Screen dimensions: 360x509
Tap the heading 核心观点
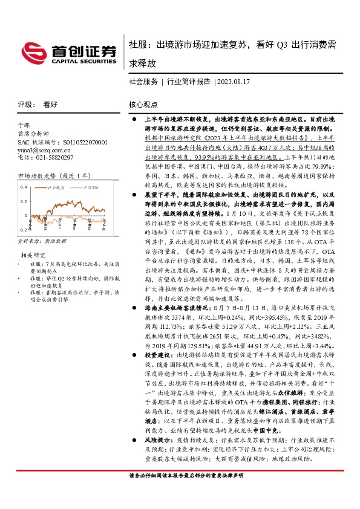[143, 105]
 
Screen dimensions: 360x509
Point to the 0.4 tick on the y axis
[23, 187]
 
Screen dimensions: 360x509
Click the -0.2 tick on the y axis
[22, 230]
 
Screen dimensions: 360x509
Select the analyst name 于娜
[24, 128]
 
